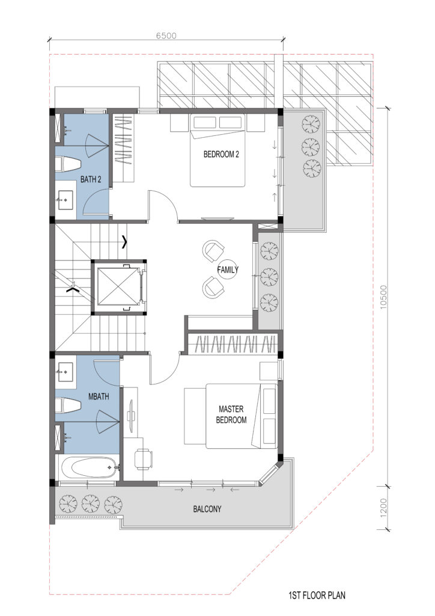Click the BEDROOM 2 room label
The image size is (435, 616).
click(221, 155)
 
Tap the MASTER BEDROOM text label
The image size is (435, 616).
click(231, 414)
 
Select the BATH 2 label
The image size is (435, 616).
click(91, 179)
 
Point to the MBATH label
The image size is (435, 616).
click(99, 397)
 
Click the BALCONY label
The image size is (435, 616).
click(207, 509)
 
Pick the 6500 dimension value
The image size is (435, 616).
click(166, 35)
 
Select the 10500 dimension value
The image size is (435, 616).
click(383, 297)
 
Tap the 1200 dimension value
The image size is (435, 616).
click(383, 507)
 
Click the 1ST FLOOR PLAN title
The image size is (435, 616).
click(317, 595)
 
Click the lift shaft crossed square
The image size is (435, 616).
click(117, 286)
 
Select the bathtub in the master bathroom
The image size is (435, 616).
click(90, 467)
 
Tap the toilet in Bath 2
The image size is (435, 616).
click(68, 165)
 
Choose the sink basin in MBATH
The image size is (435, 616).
click(65, 372)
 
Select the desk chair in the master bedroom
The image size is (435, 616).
click(143, 459)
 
